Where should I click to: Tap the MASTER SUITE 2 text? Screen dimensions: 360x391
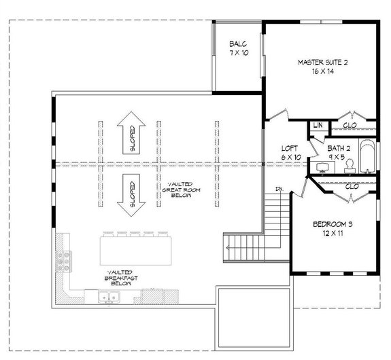pyautogui.click(x=323, y=62)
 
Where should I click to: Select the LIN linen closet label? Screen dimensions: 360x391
pyautogui.click(x=318, y=126)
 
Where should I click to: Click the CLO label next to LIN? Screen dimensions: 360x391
pyautogui.click(x=350, y=126)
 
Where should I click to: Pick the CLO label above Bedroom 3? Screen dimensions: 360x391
pyautogui.click(x=352, y=185)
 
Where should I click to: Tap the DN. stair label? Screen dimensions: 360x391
pyautogui.click(x=279, y=188)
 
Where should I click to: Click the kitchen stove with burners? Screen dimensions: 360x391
pyautogui.click(x=67, y=259)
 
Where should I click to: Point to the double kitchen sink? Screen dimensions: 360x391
pyautogui.click(x=107, y=296)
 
